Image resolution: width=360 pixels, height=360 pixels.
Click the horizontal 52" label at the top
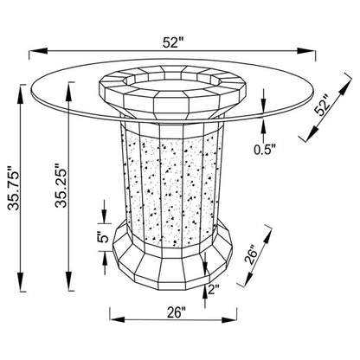[x=173, y=42]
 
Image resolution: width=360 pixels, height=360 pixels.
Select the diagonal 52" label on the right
[x=323, y=105]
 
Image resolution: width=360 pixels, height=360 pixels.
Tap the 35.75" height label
[x=14, y=188]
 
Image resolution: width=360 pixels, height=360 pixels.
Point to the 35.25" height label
[x=61, y=185]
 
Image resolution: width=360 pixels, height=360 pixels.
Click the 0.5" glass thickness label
[x=265, y=149]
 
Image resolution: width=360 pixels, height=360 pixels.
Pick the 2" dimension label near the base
[x=214, y=289]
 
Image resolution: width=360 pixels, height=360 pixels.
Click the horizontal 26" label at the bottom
[x=176, y=312]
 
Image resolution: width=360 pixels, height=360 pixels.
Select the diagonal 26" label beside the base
[x=250, y=254]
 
